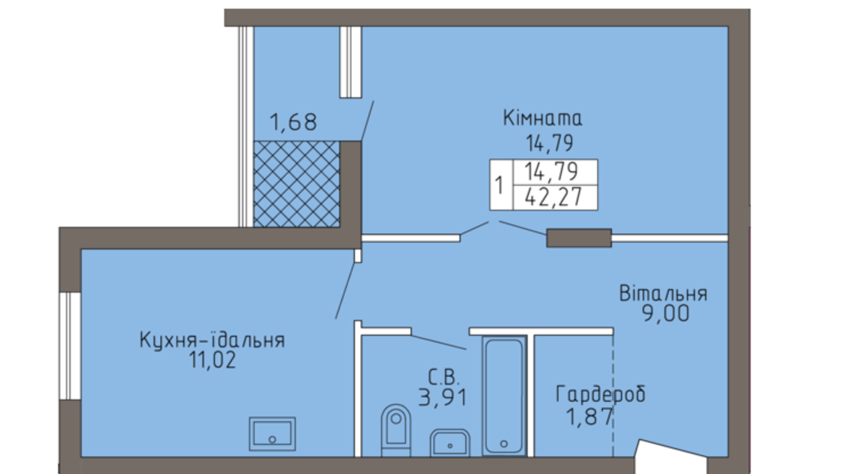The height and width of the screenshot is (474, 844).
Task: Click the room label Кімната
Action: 542,118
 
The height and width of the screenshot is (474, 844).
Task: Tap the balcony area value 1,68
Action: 293,122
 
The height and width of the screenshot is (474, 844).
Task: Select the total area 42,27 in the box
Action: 553,197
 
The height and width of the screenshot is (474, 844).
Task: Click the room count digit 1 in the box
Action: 500,185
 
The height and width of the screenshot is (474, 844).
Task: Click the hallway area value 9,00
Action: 666,314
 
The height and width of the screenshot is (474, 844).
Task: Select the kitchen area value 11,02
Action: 213,360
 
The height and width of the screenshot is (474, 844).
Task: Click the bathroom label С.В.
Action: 444,378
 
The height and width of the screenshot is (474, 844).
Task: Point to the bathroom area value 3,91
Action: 443,397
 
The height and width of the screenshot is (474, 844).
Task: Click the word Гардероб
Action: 600,394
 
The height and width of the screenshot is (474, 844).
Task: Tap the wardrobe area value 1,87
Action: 589,417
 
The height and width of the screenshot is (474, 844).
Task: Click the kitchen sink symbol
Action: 272,434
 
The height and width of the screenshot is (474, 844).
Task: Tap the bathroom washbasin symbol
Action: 450,442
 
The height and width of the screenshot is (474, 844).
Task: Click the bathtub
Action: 504,396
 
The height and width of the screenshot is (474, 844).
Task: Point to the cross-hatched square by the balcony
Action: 297,184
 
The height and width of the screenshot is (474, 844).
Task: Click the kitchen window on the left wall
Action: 70,346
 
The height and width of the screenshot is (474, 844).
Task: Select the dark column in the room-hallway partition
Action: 579,238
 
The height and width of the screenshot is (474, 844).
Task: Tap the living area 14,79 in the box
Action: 551,172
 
